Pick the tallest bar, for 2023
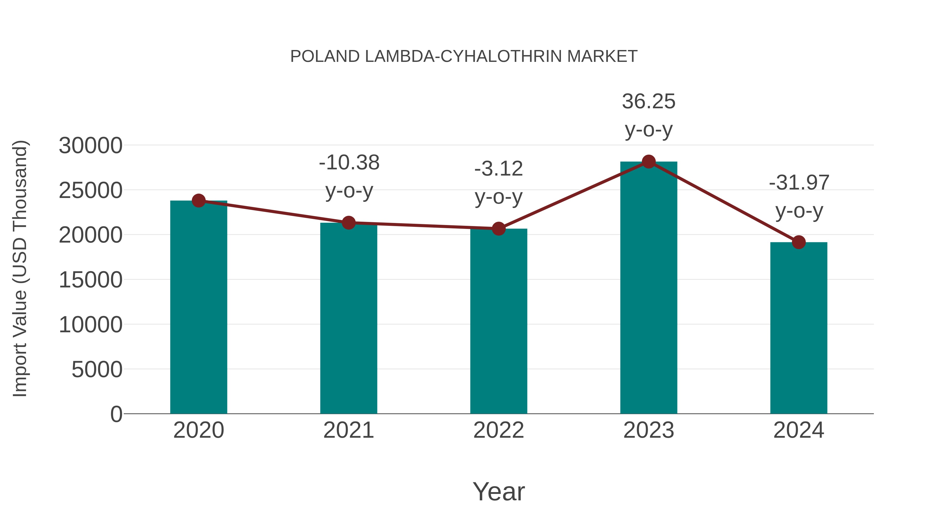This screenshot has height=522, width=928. pyautogui.click(x=649, y=288)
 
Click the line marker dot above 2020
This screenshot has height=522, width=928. pyautogui.click(x=199, y=201)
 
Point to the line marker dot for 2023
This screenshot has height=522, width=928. pyautogui.click(x=649, y=162)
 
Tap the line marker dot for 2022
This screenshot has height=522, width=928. pyautogui.click(x=499, y=228)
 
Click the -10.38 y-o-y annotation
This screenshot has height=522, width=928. pyautogui.click(x=349, y=177)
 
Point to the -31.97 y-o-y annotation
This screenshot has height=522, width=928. pyautogui.click(x=799, y=196)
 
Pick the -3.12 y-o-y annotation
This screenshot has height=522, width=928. pyautogui.click(x=499, y=183)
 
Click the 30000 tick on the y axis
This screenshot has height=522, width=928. pyautogui.click(x=90, y=146)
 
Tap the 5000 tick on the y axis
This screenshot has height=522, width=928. pyautogui.click(x=97, y=370)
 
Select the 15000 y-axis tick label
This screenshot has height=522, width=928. pyautogui.click(x=90, y=280)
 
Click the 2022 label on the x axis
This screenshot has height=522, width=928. pyautogui.click(x=499, y=430)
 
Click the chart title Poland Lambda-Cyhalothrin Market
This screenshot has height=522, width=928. pyautogui.click(x=464, y=56)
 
